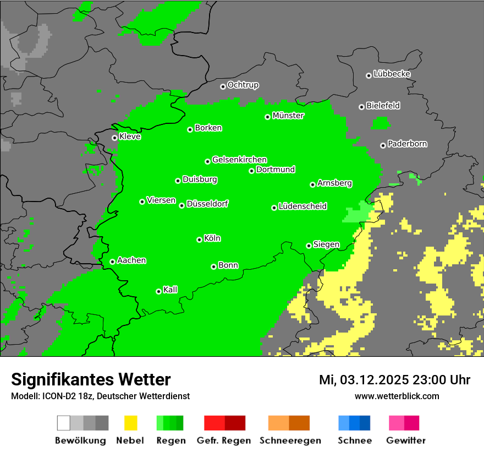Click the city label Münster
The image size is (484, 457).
pyautogui.click(x=288, y=116)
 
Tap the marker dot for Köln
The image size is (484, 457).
pyautogui.click(x=199, y=240)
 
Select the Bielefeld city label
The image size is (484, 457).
pyautogui.click(x=383, y=106)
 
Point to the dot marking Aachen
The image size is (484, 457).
pyautogui.click(x=112, y=262)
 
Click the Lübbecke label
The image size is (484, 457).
pyautogui.click(x=392, y=74)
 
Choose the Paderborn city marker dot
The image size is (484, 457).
pyautogui.click(x=383, y=145)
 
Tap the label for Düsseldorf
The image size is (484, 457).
pyautogui.click(x=207, y=204)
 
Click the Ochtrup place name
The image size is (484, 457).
pyautogui.click(x=243, y=85)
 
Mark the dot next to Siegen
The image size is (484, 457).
pyautogui.click(x=309, y=246)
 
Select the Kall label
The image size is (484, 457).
pyautogui.click(x=170, y=290)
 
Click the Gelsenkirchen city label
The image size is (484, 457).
pyautogui.click(x=239, y=160)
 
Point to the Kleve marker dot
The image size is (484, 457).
pyautogui.click(x=114, y=138)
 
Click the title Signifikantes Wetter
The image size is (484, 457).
pyautogui.click(x=91, y=380)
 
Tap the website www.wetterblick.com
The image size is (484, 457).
pyautogui.click(x=397, y=396)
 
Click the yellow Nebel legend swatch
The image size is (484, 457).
pyautogui.click(x=130, y=423)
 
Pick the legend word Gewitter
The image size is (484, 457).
pyautogui.click(x=405, y=440)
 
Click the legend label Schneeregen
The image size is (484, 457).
pyautogui.click(x=290, y=440)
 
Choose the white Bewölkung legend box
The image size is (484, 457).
pyautogui.click(x=63, y=423)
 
